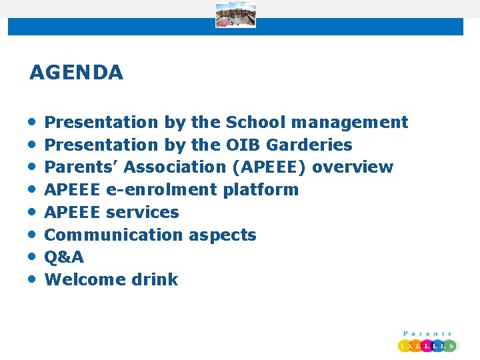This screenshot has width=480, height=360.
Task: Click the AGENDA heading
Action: tap(76, 73)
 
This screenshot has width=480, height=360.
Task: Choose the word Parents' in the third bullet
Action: tap(81, 167)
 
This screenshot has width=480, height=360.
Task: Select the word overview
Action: tap(353, 167)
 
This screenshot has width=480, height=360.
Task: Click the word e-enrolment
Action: tap(161, 190)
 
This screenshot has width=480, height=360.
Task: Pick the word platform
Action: tap(261, 190)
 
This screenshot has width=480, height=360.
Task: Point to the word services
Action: tap(143, 213)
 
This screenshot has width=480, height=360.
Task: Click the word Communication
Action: tap(113, 235)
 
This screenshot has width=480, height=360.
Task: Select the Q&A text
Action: tap(64, 257)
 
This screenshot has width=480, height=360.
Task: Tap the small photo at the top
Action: tap(235, 15)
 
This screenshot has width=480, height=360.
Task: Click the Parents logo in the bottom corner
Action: tap(427, 341)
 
